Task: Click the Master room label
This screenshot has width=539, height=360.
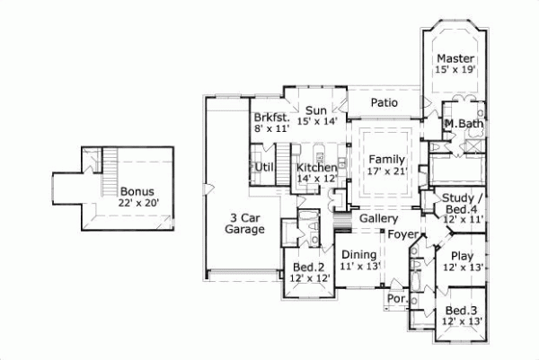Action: pos(455,58)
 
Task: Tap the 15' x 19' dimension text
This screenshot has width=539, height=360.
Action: pos(455,69)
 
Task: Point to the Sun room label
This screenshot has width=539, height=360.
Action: pos(314,110)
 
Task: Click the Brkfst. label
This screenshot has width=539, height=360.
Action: pos(270,118)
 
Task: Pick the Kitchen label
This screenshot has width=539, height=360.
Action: pos(317,168)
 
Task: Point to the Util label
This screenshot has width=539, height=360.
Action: pos(264,167)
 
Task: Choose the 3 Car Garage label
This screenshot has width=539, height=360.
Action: pos(244,224)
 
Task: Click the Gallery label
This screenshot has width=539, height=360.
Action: pos(378,218)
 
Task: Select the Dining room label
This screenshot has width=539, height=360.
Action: pos(360,255)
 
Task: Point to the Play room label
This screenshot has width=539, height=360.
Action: pos(463,256)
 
